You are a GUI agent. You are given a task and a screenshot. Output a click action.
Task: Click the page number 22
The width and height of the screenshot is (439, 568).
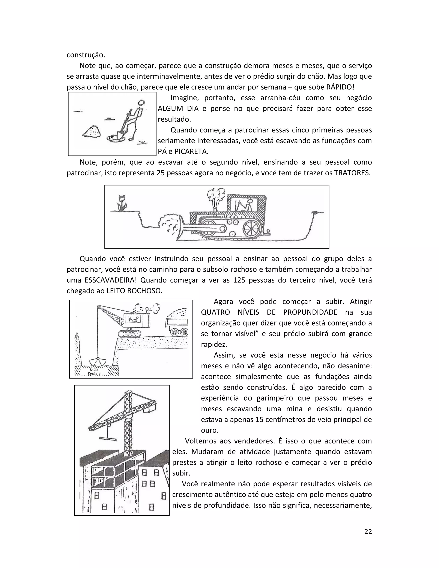coord(368,531)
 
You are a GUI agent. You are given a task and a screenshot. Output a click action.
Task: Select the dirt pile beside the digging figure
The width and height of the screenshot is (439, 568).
coord(92,131)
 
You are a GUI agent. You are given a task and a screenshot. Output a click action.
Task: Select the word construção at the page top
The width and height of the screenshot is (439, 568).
coord(86,55)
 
